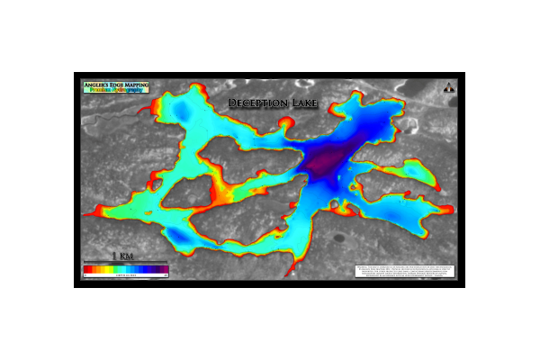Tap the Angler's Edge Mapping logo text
[x=115, y=85]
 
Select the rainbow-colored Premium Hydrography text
[x=115, y=91]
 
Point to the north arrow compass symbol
[x=448, y=87]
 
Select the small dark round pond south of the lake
[x=342, y=239]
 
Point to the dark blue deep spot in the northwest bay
[x=183, y=110]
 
